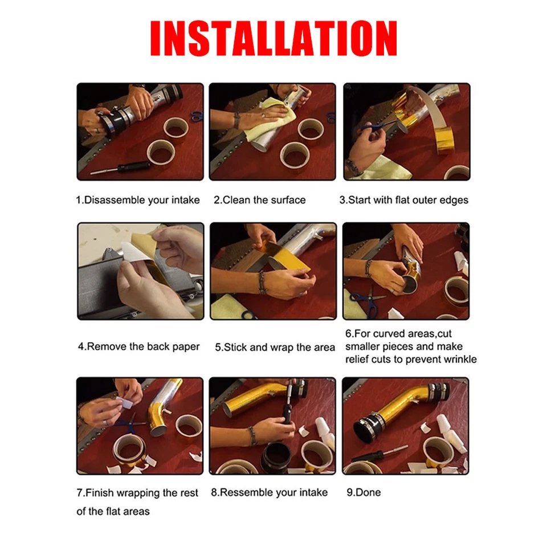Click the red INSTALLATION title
pyautogui.click(x=273, y=38)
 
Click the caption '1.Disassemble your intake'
pyautogui.click(x=138, y=200)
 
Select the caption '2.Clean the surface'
pyautogui.click(x=259, y=200)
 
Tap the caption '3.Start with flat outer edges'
pyautogui.click(x=403, y=200)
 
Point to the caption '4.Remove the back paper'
pyautogui.click(x=138, y=346)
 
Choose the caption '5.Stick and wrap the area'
pyautogui.click(x=275, y=347)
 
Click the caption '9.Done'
pyautogui.click(x=364, y=492)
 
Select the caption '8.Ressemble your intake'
pyautogui.click(x=269, y=492)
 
